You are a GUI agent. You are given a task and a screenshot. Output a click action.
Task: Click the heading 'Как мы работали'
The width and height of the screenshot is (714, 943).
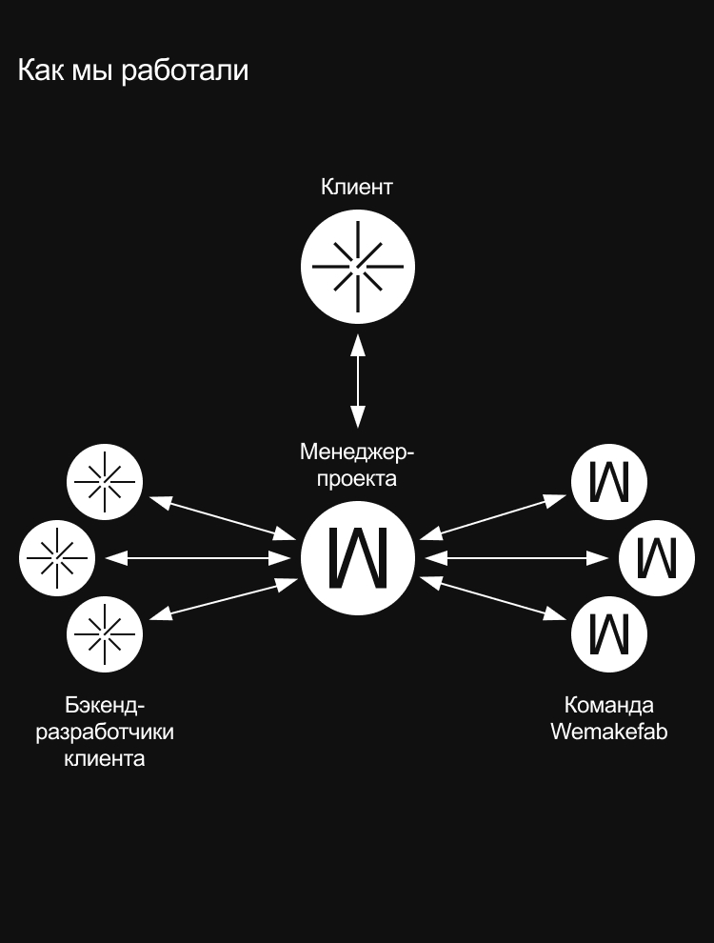tap(133, 70)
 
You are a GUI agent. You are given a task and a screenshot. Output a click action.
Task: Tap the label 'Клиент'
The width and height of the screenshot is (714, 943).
tap(357, 187)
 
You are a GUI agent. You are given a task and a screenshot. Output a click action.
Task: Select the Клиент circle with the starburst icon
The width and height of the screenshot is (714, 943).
tap(357, 268)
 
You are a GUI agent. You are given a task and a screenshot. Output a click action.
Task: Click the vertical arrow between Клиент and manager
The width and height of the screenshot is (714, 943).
tap(358, 378)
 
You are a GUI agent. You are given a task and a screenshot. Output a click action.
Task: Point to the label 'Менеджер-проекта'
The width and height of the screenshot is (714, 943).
tap(357, 464)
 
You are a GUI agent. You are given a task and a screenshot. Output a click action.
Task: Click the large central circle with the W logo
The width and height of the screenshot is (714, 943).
tap(358, 557)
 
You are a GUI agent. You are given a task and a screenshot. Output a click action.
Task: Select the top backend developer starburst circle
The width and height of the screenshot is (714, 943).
tap(105, 482)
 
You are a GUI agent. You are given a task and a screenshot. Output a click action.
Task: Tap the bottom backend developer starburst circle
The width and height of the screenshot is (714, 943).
tap(105, 633)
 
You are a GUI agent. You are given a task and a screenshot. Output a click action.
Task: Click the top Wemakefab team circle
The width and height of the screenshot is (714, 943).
tap(609, 482)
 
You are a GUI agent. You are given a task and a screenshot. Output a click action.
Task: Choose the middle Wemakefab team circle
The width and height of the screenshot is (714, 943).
tap(657, 557)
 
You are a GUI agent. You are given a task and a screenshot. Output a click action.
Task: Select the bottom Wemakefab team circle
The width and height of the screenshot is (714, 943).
tap(609, 633)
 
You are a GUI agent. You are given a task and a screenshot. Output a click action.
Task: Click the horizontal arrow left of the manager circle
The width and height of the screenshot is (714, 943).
tap(200, 557)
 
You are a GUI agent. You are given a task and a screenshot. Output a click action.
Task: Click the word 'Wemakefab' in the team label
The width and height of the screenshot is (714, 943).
tap(608, 732)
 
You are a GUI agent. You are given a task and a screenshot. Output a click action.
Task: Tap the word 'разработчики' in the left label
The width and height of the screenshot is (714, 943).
tap(105, 732)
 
